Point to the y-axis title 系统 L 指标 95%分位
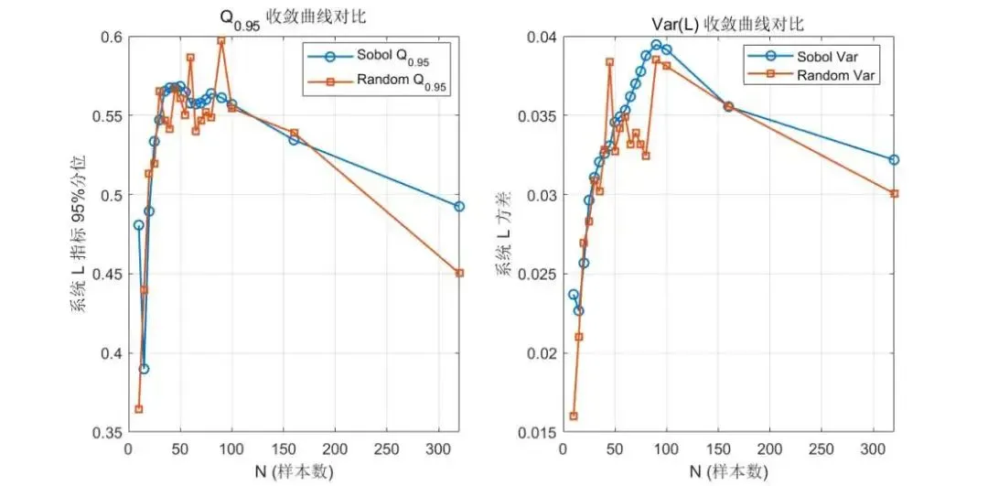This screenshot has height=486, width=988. coord(78,234)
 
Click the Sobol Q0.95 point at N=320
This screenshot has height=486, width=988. coord(459,207)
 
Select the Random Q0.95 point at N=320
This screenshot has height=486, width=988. coord(459,273)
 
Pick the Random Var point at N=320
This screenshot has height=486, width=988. coord(894,193)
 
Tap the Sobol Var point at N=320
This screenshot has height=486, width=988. coord(894,159)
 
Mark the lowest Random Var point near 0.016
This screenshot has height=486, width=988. coord(574,416)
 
